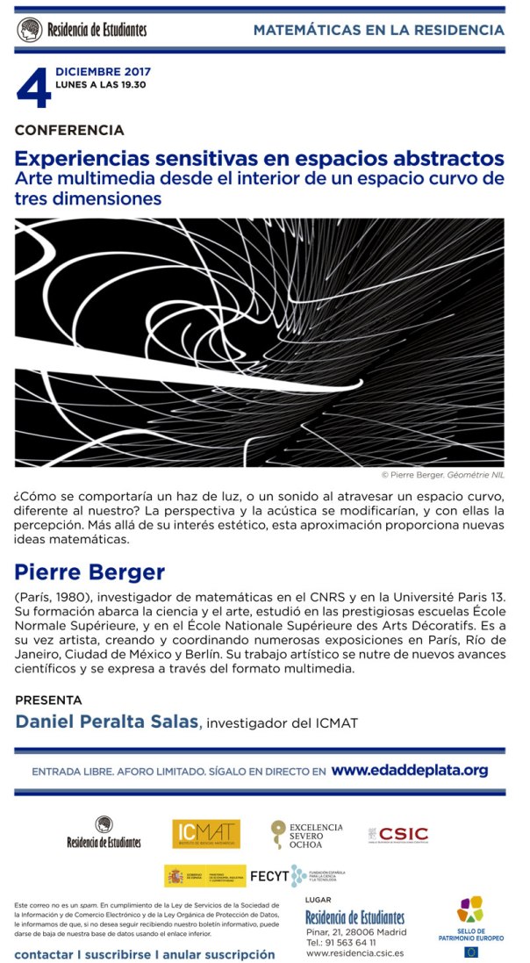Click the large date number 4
point(33,89)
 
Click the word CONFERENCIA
point(69,130)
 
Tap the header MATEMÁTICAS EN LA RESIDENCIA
point(378,30)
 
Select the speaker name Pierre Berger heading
point(90,572)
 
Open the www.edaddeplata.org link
point(409,771)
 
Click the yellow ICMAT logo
point(205,833)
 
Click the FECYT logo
point(297,875)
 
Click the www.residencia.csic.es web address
point(354,952)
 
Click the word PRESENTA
point(48,701)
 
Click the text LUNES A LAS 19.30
point(100,84)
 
